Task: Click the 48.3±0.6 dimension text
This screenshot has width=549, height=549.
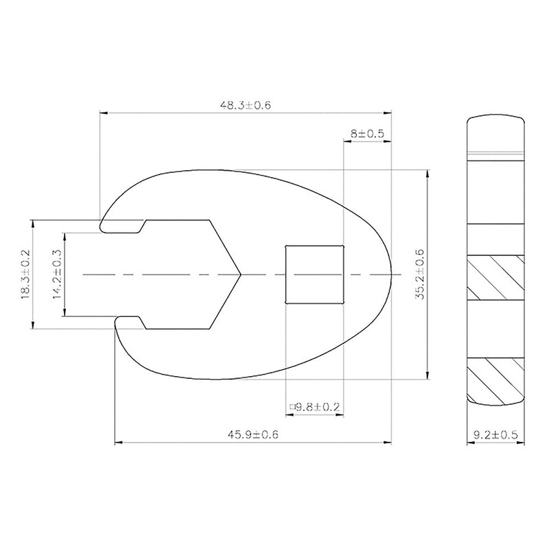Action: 246,105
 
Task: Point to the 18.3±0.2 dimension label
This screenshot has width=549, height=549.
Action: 25,273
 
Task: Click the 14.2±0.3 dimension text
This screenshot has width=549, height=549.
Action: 57,273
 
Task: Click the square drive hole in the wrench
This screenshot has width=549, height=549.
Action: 314,273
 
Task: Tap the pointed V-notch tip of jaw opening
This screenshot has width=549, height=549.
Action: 240,274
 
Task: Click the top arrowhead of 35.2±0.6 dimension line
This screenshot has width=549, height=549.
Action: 428,170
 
